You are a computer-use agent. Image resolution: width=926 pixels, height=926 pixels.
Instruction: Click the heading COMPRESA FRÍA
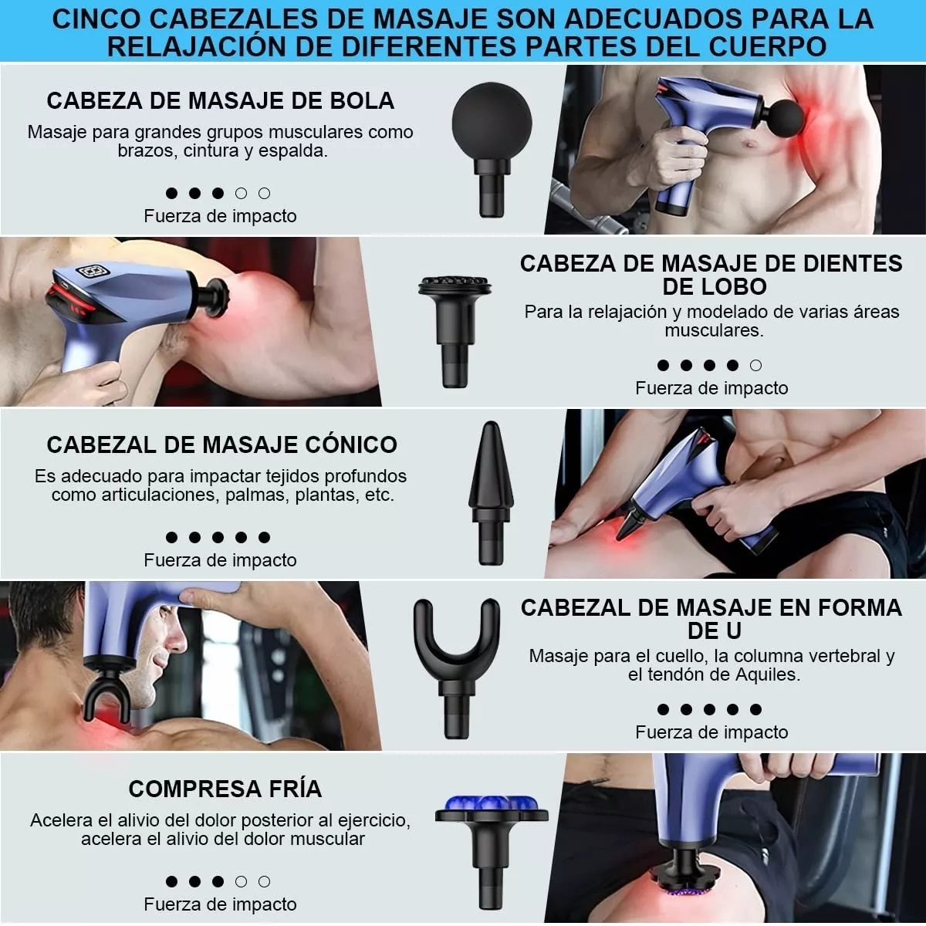225,789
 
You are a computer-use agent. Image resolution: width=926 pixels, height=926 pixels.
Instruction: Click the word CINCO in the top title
95,18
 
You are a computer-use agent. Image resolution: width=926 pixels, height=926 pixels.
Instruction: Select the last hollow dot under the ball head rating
264,193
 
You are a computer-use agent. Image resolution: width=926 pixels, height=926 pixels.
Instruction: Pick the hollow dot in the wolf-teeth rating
755,365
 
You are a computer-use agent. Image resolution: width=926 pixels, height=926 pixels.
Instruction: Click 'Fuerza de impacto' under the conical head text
220,560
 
